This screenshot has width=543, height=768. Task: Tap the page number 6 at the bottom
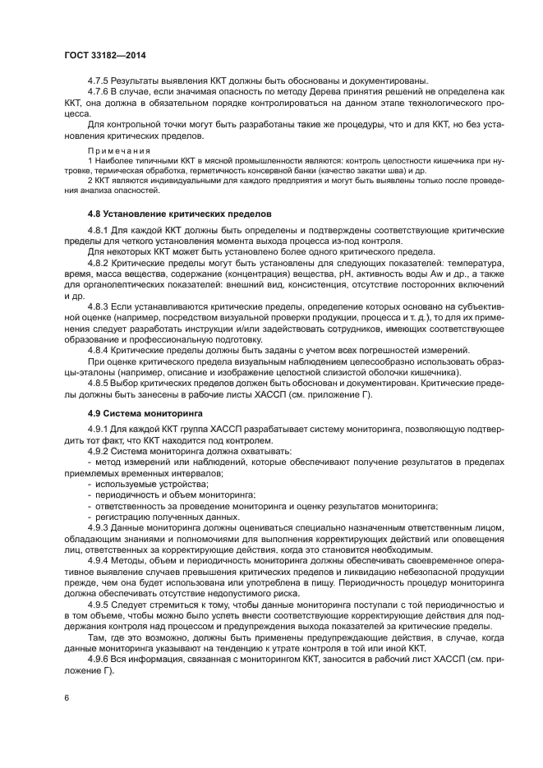tap(67, 697)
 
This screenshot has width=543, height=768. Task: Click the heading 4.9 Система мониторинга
tap(140, 413)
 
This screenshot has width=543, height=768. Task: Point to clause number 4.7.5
tap(100, 80)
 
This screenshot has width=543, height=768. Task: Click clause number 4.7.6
tap(100, 92)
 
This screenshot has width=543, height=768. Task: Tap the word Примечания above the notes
tap(113, 152)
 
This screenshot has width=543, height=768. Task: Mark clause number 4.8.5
tap(100, 384)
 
